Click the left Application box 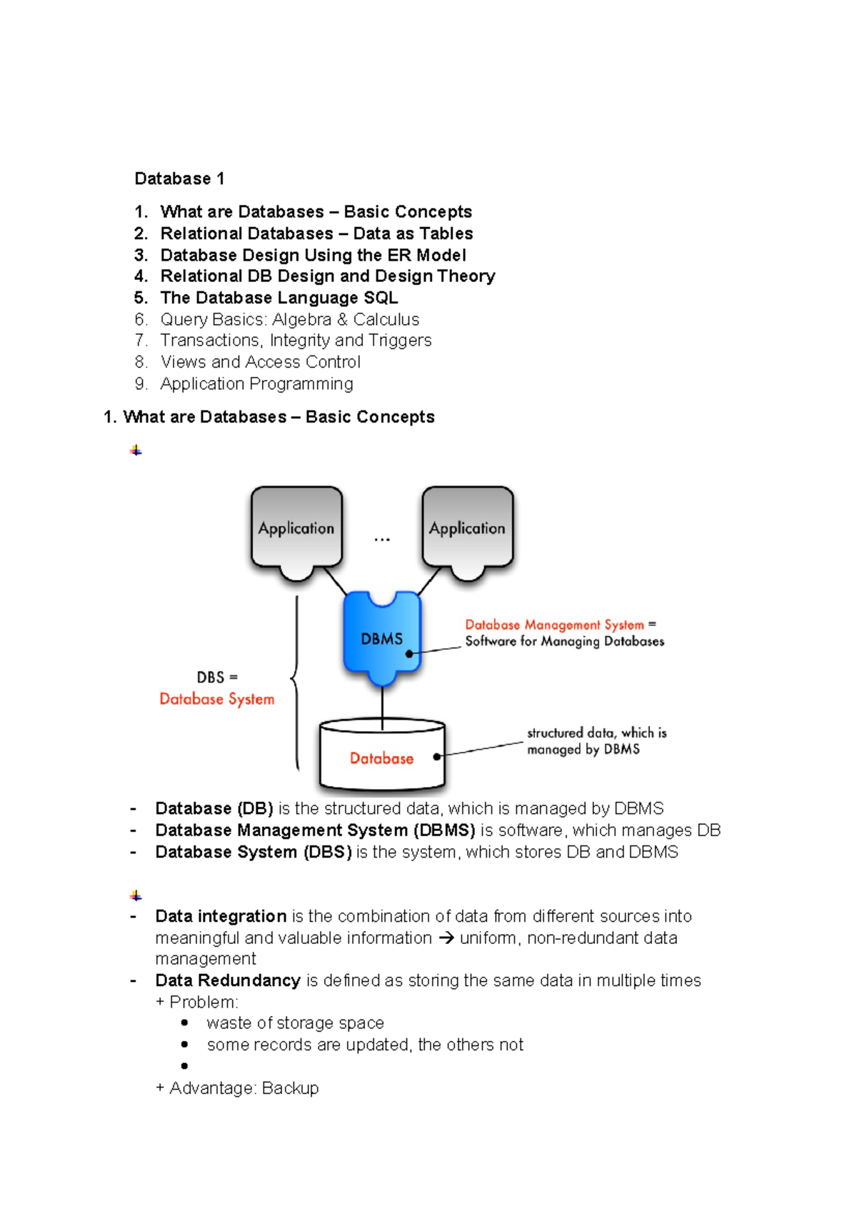click(296, 528)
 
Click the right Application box click(467, 528)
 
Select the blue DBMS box click(382, 638)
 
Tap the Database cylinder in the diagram click(382, 758)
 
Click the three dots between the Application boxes click(382, 540)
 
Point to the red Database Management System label click(554, 625)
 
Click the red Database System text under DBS click(216, 699)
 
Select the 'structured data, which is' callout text click(596, 733)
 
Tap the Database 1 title click(179, 179)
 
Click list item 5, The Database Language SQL click(279, 298)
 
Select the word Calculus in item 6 click(386, 319)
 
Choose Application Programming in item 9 click(256, 383)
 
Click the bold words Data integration click(221, 916)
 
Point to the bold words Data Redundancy click(227, 980)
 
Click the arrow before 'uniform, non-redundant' click(446, 938)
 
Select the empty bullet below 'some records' click(185, 1066)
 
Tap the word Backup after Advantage click(290, 1088)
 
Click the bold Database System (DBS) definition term click(253, 852)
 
